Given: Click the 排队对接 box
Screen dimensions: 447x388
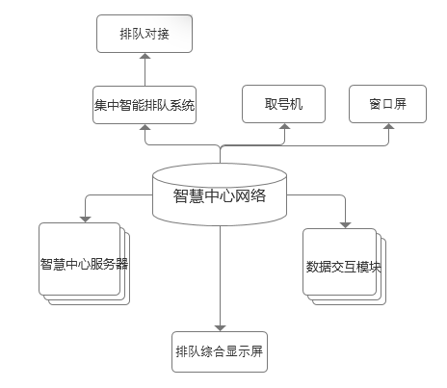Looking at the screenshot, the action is (145, 34).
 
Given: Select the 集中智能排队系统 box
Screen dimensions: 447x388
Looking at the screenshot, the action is (145, 105).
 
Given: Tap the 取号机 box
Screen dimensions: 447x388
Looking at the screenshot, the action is (283, 104).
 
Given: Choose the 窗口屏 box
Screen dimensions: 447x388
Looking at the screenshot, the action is (387, 104).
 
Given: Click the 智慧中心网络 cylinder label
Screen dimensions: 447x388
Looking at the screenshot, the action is (220, 195).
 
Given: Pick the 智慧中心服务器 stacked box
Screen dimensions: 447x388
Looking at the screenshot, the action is (84, 264).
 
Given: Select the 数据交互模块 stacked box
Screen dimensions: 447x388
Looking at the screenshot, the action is (344, 267).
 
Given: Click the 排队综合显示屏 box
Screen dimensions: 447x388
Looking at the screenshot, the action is (220, 351).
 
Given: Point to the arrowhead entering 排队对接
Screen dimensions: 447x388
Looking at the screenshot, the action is (145, 56).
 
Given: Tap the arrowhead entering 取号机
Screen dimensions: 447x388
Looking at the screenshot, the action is (284, 126).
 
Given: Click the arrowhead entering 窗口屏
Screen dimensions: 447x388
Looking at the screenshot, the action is (389, 126).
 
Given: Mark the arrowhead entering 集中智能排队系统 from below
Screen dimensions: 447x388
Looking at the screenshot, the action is (145, 127).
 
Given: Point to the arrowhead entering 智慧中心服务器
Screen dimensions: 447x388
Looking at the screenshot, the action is (85, 220).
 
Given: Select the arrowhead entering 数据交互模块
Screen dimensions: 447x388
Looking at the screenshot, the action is (345, 225).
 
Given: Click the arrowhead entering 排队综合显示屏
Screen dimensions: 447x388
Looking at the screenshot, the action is (220, 328).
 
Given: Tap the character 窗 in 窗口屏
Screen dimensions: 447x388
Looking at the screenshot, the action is (375, 104).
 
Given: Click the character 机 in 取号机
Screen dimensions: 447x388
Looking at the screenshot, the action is (297, 104).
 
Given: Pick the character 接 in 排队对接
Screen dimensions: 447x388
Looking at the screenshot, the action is (163, 34).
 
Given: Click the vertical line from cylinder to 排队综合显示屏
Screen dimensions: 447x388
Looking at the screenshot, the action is (220, 276).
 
